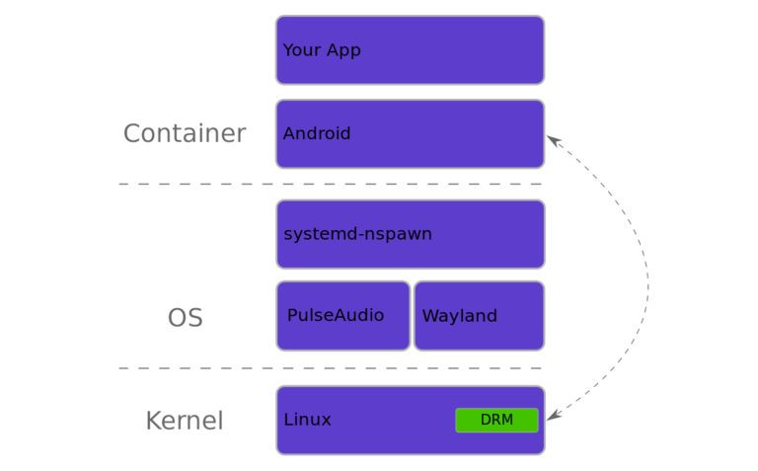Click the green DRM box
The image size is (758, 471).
(496, 420)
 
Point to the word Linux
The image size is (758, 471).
(307, 420)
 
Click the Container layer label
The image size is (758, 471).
(184, 133)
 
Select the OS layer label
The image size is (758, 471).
(185, 318)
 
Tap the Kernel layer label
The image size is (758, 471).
(184, 421)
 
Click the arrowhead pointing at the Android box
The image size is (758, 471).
(554, 140)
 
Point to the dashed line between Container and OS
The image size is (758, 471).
(330, 184)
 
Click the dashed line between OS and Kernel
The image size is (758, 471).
(330, 368)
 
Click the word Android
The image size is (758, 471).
(316, 133)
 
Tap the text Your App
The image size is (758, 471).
(322, 50)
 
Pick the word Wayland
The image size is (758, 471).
(459, 316)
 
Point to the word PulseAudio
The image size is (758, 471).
(336, 315)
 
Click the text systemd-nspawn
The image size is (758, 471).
(357, 234)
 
